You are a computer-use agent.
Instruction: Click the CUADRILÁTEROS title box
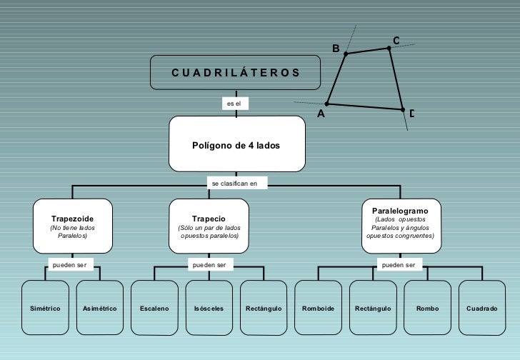[235, 72]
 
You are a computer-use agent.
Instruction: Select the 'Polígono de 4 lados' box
[236, 145]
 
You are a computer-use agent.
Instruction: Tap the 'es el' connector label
[234, 104]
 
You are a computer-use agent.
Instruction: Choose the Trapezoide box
[72, 226]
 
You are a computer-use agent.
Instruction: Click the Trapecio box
[209, 226]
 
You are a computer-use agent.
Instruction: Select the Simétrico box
[45, 308]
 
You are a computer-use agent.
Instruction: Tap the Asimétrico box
[100, 308]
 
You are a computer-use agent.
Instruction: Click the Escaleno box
[154, 308]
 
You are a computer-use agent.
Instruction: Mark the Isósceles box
[209, 308]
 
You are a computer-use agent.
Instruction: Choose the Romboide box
[319, 308]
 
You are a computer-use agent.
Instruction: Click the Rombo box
[428, 308]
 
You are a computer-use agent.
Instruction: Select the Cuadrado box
[481, 308]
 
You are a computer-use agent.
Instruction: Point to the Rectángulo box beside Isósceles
[264, 308]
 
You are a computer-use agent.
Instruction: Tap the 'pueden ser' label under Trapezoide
[70, 265]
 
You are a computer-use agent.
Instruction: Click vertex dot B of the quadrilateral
[346, 54]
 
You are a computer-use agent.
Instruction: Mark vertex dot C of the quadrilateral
[389, 48]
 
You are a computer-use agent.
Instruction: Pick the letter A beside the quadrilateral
[321, 114]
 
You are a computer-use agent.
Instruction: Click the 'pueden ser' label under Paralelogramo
[399, 265]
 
